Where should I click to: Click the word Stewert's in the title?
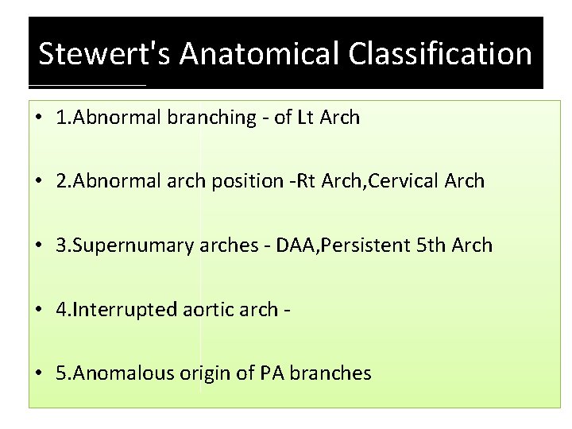(105, 54)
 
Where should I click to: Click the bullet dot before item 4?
(40, 310)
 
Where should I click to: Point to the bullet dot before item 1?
(40, 119)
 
